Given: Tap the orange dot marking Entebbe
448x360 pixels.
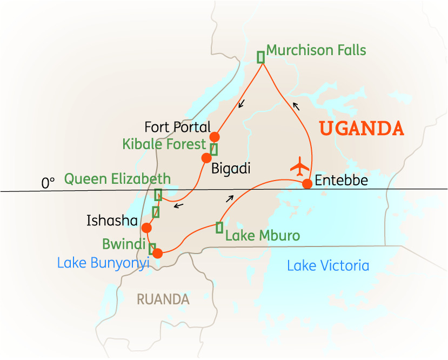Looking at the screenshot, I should pos(307,184).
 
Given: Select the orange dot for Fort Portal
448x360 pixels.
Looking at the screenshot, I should pos(215,137).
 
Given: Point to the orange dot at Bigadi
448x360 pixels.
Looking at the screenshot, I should pos(206,158).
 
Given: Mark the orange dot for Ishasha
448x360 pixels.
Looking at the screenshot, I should pos(146,228).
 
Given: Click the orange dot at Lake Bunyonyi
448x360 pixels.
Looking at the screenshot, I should pos(157,252).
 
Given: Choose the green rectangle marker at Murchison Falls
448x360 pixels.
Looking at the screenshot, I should pos(260,57).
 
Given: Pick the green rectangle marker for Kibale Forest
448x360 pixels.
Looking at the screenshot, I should pos(214,149).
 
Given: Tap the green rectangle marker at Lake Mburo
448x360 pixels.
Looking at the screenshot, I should pos(219,228).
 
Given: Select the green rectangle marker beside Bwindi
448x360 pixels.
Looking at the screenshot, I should pos(152,249).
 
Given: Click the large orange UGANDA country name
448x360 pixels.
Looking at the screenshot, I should pos(361,129).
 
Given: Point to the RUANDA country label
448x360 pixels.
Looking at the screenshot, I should pos(163,299).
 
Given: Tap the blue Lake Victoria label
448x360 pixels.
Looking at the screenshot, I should pos(328,265).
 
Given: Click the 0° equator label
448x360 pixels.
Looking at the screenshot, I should pos(49,183).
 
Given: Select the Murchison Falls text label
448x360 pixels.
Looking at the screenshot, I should pos(316,51).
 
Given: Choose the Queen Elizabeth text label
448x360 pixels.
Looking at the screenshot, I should pos(117,179).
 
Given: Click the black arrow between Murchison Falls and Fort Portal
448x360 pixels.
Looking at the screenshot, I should pos(242,103).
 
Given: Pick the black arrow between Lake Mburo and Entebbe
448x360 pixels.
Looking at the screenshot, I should pos(230,198).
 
